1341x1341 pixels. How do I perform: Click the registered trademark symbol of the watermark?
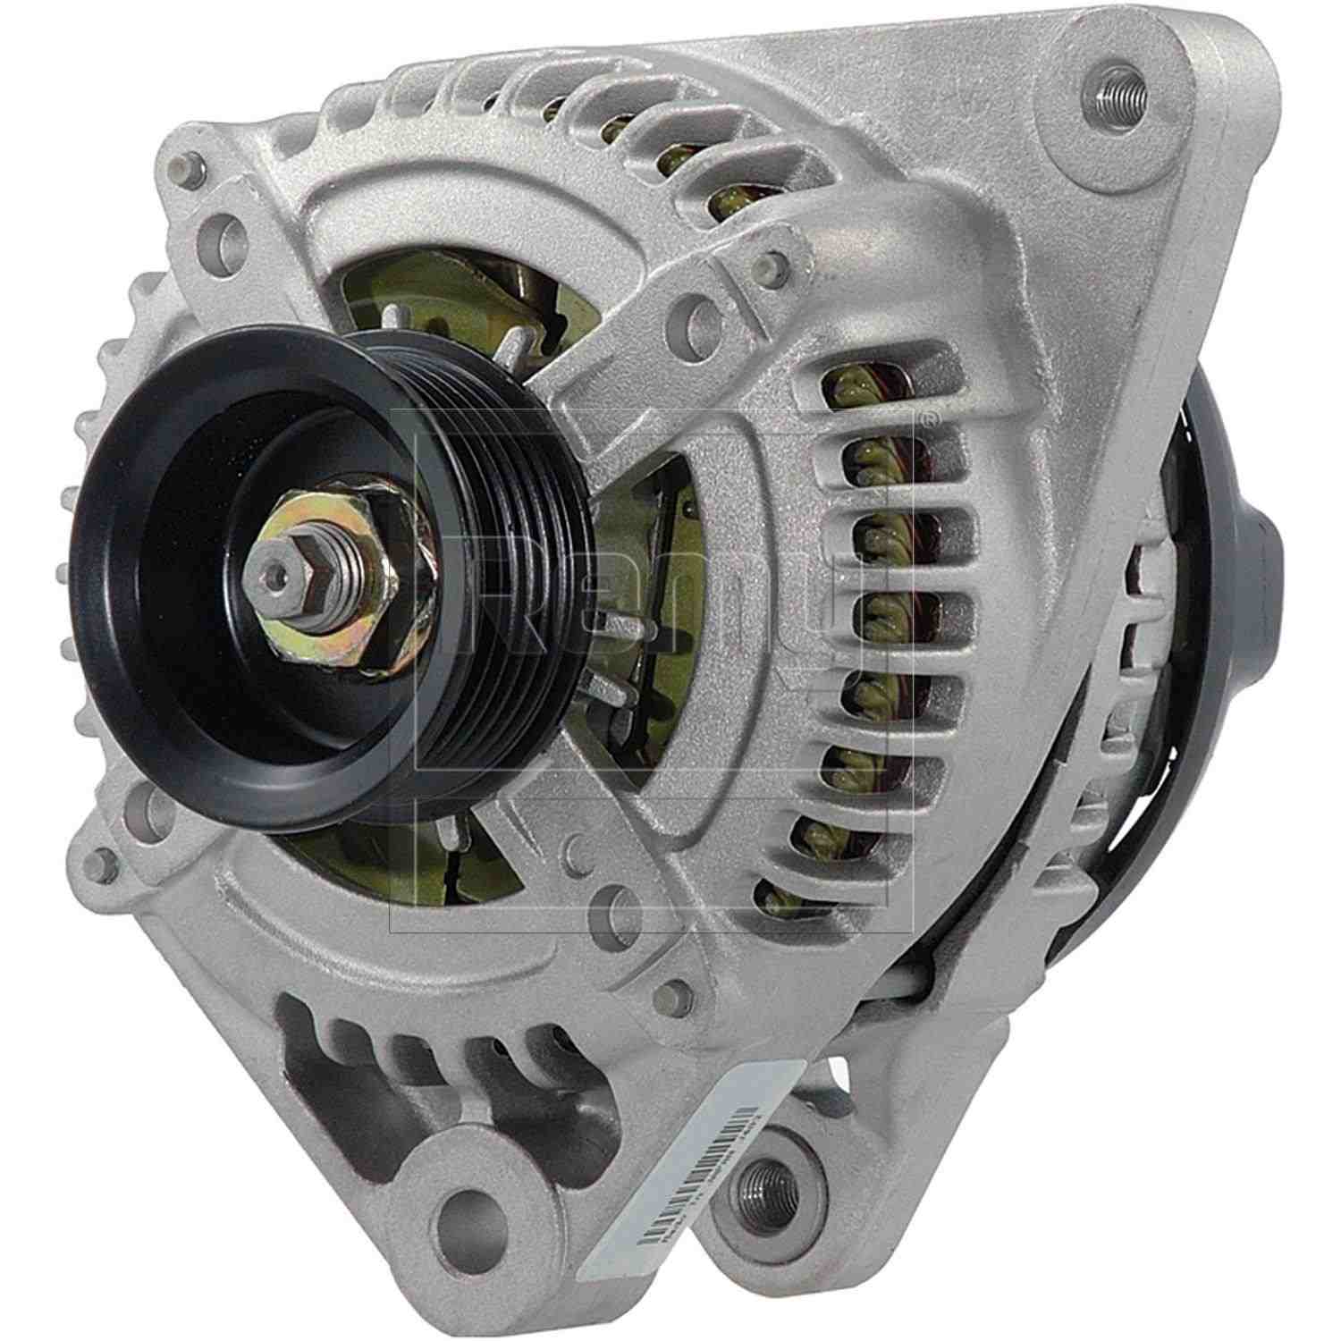pyautogui.click(x=931, y=417)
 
